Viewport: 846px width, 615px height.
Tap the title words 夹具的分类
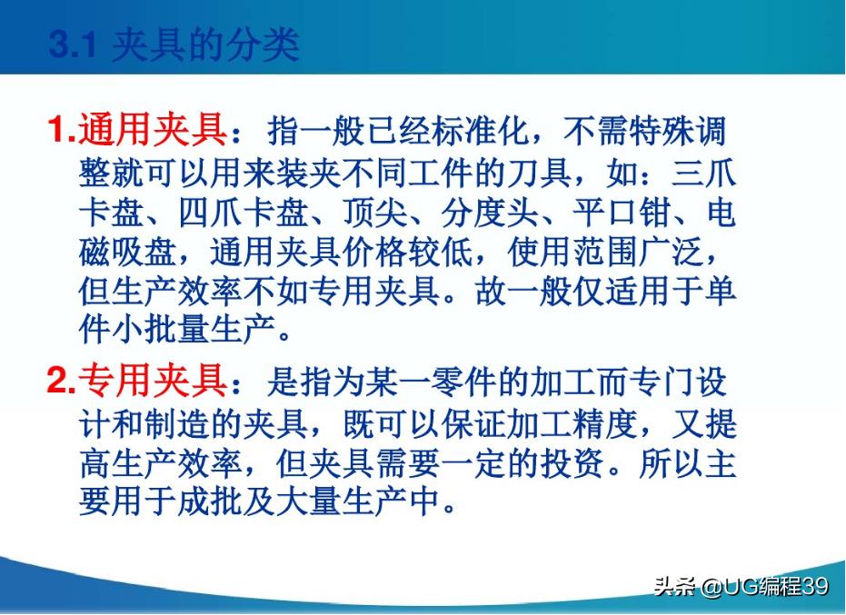coord(204,45)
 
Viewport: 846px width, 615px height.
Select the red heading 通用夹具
coord(153,133)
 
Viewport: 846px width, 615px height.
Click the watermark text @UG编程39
coord(763,586)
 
